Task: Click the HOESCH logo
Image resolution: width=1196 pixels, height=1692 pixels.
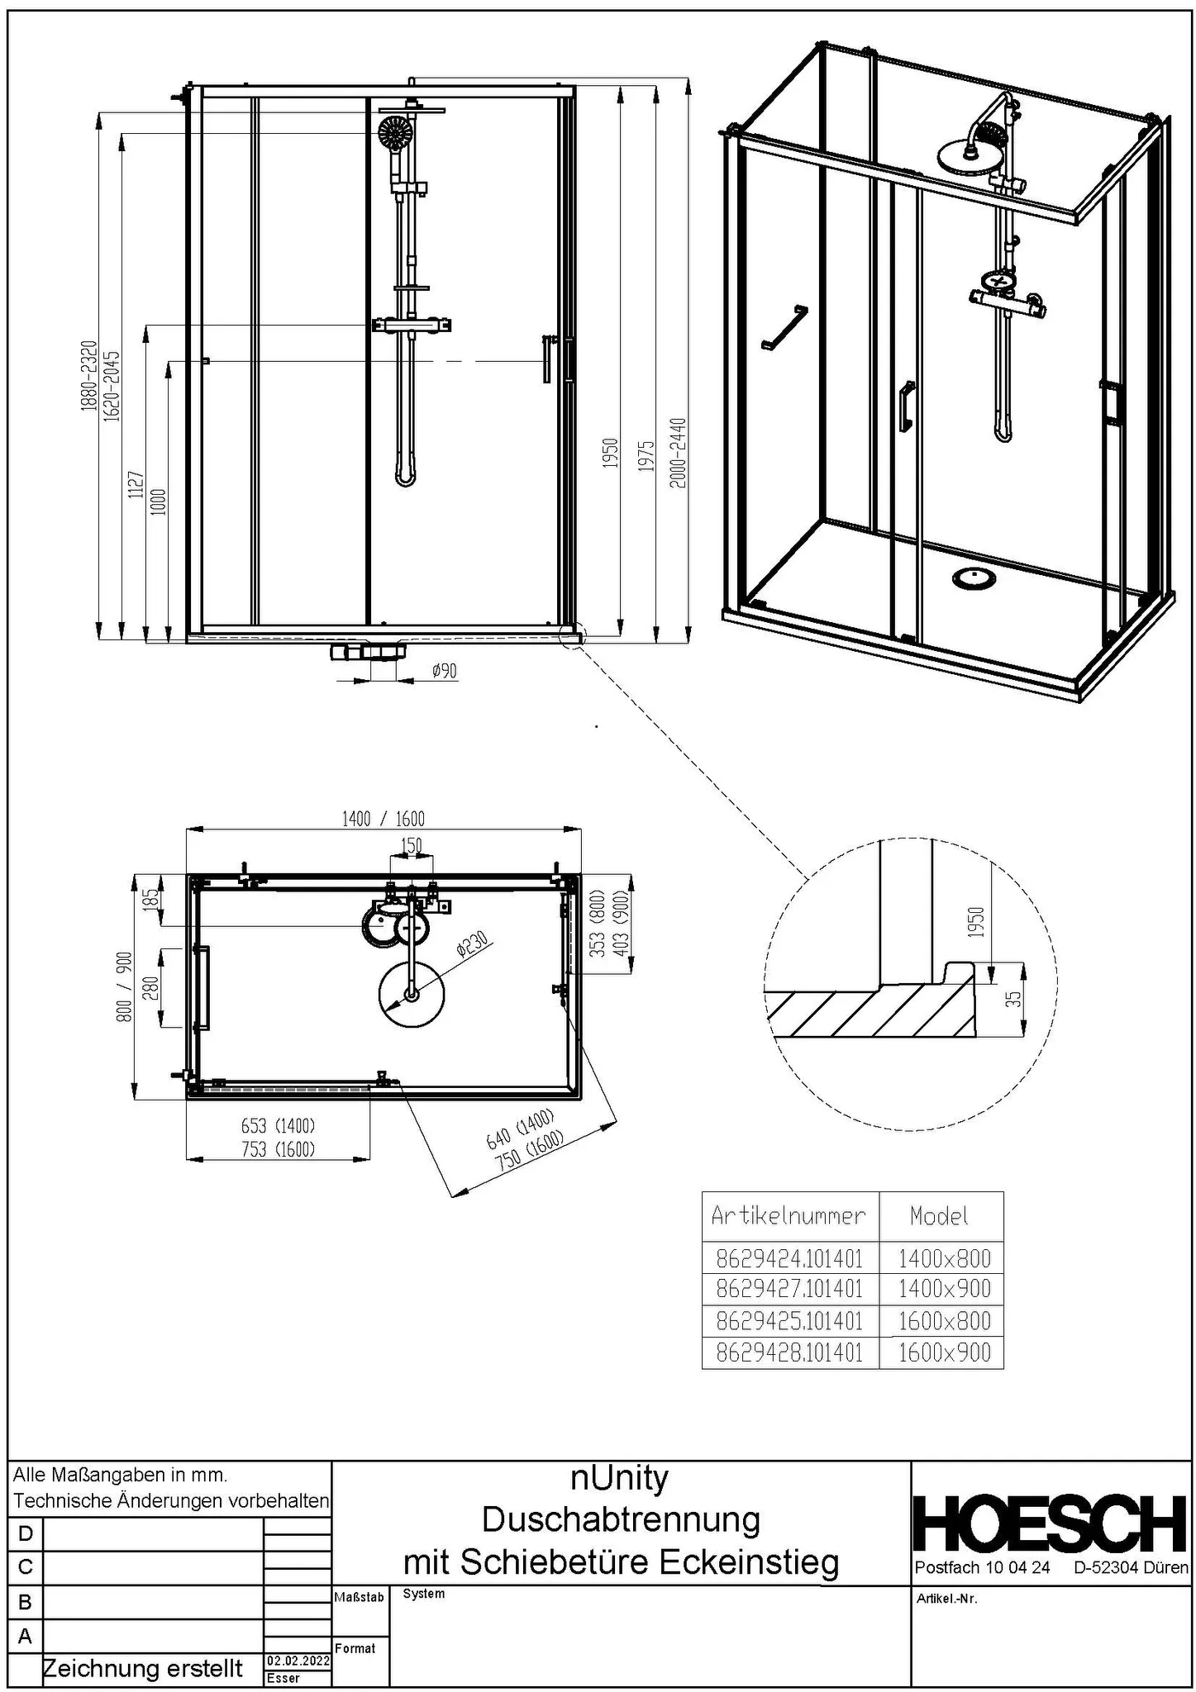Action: (1051, 1523)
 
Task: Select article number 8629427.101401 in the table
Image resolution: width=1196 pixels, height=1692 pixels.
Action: (789, 1289)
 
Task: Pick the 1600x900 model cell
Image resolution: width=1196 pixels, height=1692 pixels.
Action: (943, 1352)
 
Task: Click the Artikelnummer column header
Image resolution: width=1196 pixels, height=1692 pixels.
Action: (789, 1215)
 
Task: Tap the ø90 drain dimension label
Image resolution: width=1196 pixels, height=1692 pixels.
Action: (444, 671)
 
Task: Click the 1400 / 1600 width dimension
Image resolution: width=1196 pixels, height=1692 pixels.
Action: (383, 819)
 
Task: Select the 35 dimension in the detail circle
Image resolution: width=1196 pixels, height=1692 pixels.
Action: (1017, 998)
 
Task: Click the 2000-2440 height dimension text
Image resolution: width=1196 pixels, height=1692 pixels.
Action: (677, 454)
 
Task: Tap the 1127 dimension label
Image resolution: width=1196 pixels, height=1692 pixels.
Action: (136, 487)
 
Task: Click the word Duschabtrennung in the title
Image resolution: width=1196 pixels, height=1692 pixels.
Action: (621, 1519)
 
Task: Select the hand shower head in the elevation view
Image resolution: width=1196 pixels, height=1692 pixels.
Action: (395, 131)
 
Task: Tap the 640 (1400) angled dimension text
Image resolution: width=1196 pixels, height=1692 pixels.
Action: (519, 1130)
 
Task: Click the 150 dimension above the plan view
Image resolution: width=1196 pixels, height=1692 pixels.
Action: (411, 845)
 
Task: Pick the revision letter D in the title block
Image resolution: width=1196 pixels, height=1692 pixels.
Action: (25, 1533)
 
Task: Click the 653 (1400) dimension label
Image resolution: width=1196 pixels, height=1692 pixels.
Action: (278, 1125)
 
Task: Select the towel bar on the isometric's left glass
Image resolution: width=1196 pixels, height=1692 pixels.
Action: (784, 328)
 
